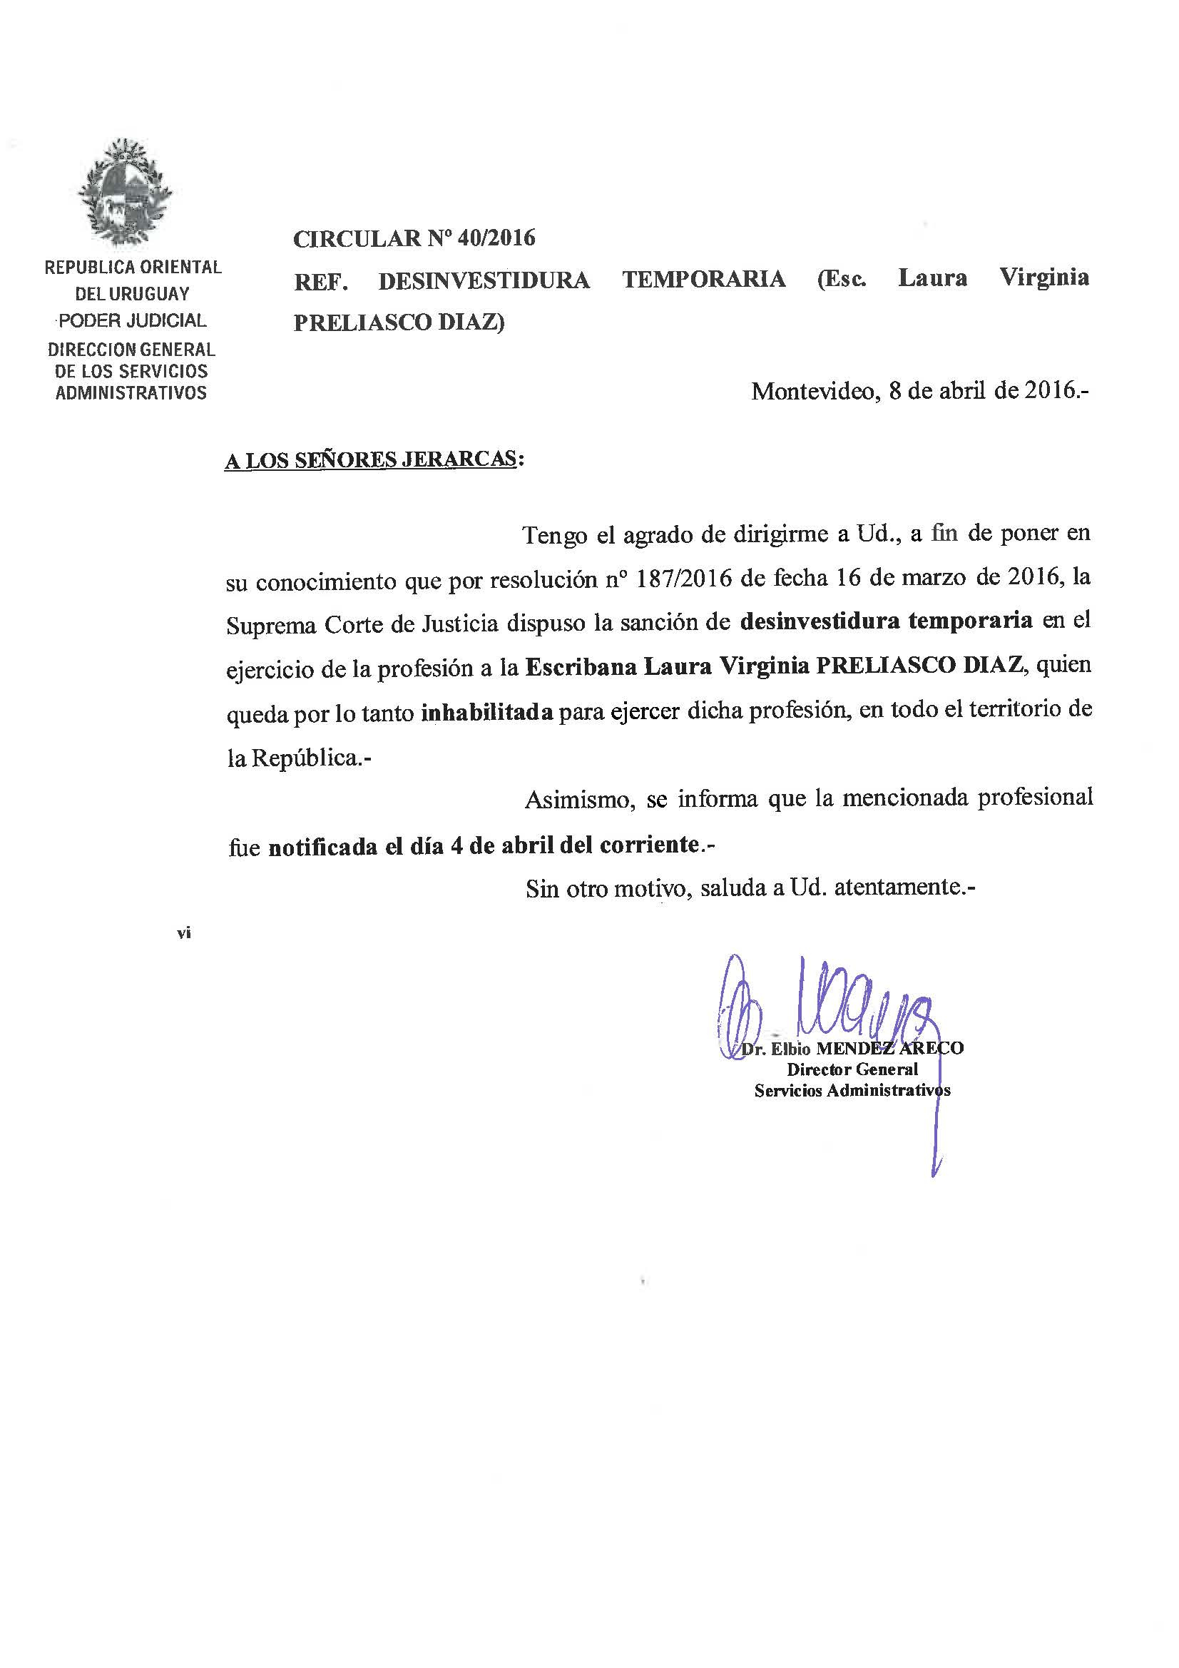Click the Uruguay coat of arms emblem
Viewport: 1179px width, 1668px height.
[x=125, y=193]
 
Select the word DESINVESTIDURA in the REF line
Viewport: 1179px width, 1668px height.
[x=484, y=280]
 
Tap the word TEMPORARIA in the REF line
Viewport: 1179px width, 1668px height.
[x=703, y=280]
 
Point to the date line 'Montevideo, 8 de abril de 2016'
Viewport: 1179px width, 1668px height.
[x=919, y=391]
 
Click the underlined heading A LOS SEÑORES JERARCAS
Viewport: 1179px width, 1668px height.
[x=371, y=460]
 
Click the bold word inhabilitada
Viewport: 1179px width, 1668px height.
[x=486, y=713]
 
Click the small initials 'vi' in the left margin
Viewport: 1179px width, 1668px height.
[x=183, y=934]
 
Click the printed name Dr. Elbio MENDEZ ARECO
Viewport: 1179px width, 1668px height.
[x=852, y=1048]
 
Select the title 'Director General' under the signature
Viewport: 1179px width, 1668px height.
[x=852, y=1069]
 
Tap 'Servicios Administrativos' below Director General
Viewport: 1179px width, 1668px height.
[x=852, y=1090]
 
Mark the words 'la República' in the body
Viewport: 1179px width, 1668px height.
[x=293, y=758]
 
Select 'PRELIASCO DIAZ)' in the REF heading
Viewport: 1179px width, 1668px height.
[x=399, y=322]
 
